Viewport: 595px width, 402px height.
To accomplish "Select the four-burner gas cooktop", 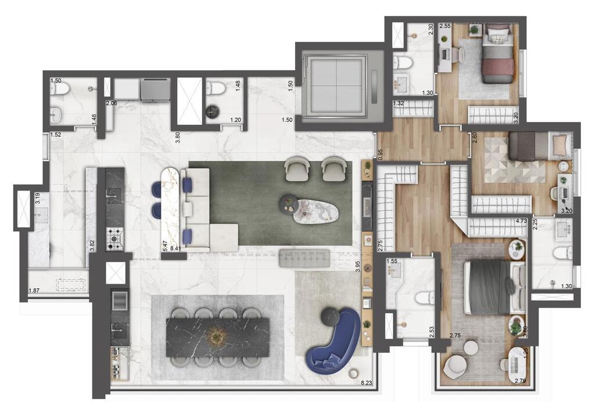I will click(114, 239).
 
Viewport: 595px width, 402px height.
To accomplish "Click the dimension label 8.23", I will click(367, 383).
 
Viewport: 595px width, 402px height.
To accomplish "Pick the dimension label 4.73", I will click(521, 221).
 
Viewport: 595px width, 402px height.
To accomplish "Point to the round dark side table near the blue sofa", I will click(331, 315).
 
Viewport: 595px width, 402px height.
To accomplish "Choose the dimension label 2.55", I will click(445, 26).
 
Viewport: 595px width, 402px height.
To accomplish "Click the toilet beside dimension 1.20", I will click(216, 89).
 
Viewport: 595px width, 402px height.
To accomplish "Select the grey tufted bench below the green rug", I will click(304, 258).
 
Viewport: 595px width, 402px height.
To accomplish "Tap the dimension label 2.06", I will click(112, 103).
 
